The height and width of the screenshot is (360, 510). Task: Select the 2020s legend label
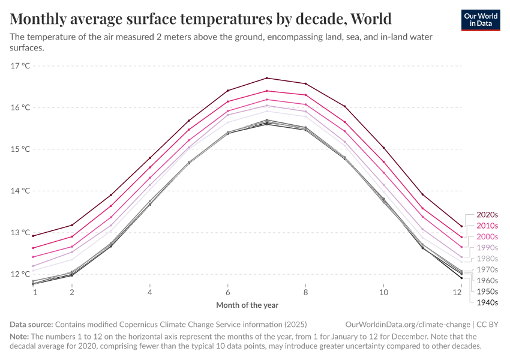point(487,214)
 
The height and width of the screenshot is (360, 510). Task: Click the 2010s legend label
point(487,226)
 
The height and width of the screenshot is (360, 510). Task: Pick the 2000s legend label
point(487,236)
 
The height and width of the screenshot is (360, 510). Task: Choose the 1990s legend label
point(487,247)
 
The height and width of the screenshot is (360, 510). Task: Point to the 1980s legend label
point(487,259)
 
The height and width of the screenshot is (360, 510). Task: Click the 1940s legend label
point(487,302)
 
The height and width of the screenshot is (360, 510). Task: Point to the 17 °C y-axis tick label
point(20,65)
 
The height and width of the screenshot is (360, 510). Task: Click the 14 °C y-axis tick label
point(20,191)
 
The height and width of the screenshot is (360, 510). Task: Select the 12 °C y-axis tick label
point(20,274)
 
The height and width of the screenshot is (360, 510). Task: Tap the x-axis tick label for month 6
point(227,292)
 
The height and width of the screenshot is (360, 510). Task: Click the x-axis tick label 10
point(383,292)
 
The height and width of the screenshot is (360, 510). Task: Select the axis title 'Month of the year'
point(247,305)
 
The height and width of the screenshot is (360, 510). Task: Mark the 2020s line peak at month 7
point(266,78)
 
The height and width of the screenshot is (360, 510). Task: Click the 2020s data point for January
point(33,236)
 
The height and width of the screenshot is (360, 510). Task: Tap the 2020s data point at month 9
point(344,106)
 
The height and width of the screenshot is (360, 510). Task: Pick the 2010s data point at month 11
point(422,209)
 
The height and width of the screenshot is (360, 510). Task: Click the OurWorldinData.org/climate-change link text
point(406,324)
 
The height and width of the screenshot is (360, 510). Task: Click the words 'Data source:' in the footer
point(31,324)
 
